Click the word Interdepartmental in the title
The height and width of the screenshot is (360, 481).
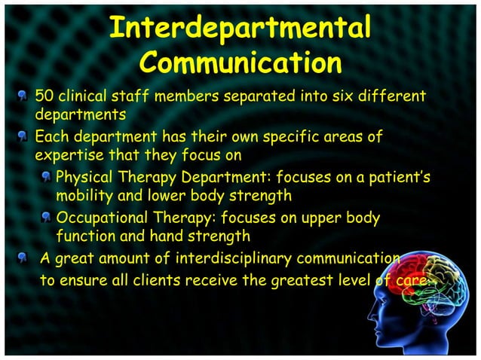[x=240, y=28]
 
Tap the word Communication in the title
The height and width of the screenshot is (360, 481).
[x=240, y=63]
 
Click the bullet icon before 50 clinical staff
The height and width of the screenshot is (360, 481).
[x=25, y=97]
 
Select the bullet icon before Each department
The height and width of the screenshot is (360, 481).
[x=25, y=138]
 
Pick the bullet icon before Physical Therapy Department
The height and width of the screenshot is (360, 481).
[x=46, y=178]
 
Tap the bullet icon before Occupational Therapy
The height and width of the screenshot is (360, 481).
[x=46, y=218]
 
